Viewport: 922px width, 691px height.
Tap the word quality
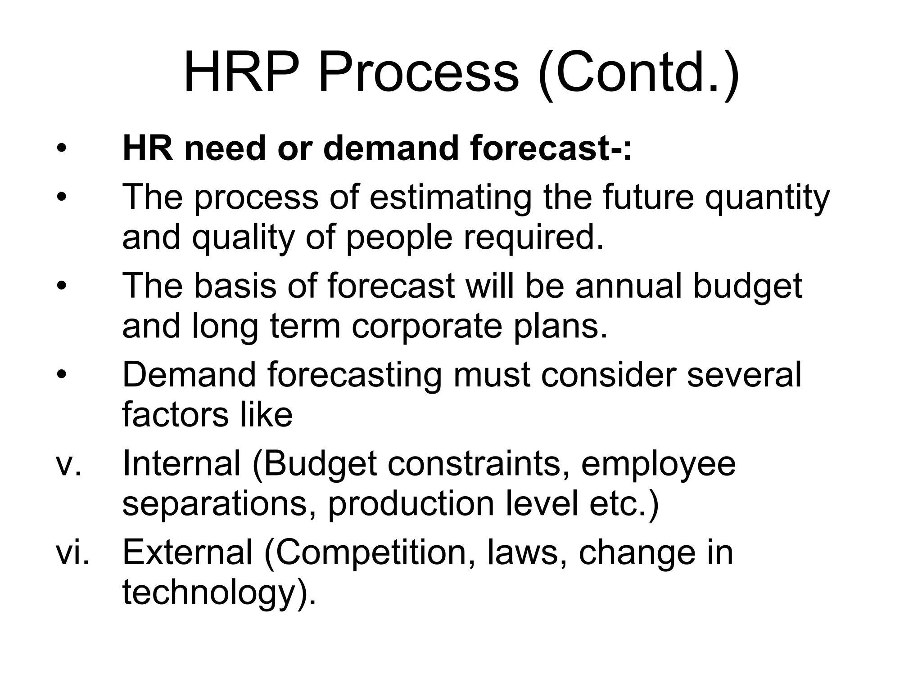point(243,238)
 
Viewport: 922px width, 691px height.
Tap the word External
point(187,552)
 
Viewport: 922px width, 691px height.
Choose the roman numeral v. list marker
point(68,464)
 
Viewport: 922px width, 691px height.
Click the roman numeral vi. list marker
point(72,552)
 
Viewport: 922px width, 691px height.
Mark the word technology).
point(219,593)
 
